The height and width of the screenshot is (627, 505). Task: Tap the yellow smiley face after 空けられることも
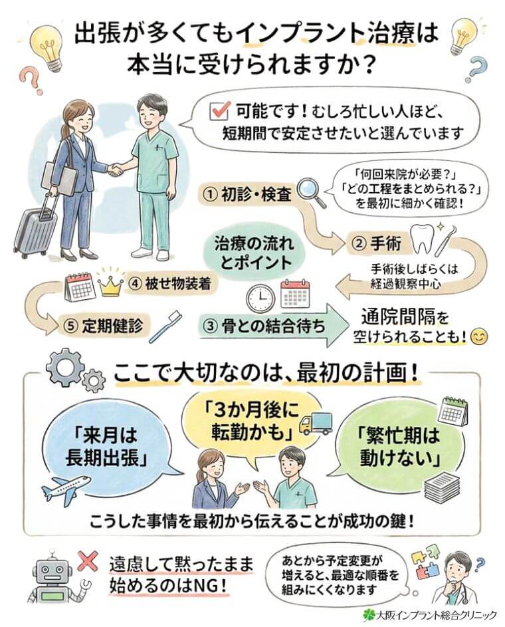tap(478, 337)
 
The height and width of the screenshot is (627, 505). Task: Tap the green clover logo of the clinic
tap(369, 613)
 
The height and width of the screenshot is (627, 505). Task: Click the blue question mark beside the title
tap(474, 66)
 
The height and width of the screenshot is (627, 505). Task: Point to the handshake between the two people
tap(116, 170)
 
